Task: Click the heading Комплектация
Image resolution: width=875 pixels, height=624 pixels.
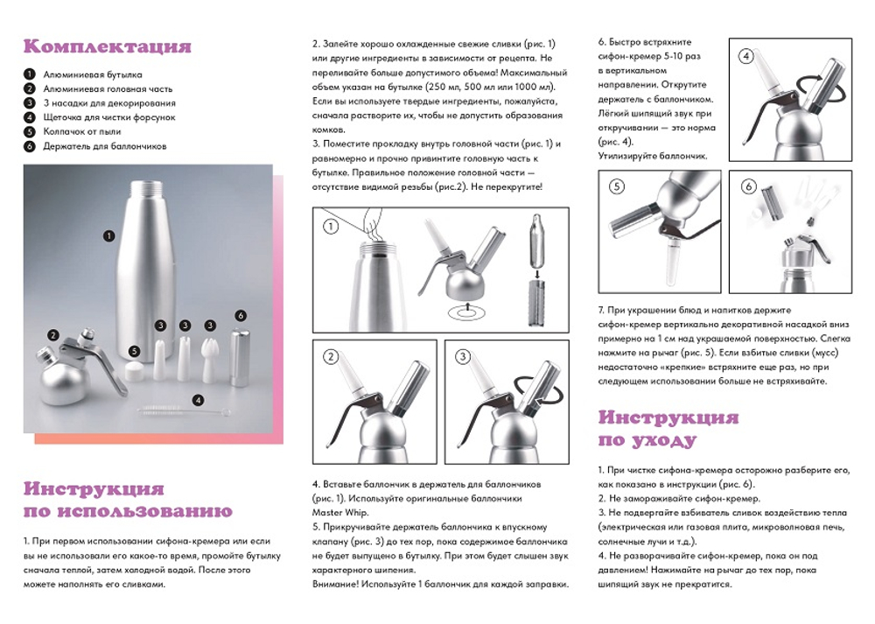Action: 107,46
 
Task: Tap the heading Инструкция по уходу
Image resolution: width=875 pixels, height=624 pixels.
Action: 668,428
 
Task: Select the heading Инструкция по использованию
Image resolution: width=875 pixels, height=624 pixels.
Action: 128,500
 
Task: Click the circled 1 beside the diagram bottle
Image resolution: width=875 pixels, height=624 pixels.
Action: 331,227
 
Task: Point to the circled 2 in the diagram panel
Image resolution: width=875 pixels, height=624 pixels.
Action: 331,356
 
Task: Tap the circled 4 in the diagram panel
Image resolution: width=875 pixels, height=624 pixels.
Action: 745,56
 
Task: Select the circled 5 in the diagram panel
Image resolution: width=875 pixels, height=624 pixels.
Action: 616,186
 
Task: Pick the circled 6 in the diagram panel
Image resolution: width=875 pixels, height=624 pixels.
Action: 748,186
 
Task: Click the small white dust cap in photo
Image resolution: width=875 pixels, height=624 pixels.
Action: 133,371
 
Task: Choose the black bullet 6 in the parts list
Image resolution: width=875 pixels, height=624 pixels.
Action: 29,146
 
